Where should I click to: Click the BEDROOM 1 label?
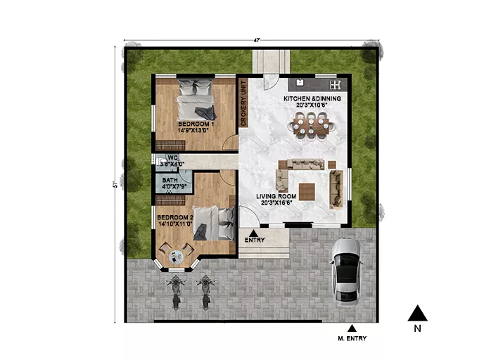click(x=196, y=124)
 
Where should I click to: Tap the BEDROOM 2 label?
click(x=175, y=217)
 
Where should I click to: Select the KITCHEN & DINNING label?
click(x=312, y=98)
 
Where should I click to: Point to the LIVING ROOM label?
click(x=276, y=196)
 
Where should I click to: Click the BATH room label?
click(x=170, y=180)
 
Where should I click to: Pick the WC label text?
click(x=172, y=157)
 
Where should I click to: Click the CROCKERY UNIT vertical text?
click(x=243, y=103)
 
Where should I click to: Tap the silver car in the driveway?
click(x=346, y=272)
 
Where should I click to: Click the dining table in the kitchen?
click(x=311, y=126)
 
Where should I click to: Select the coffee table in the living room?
click(x=307, y=192)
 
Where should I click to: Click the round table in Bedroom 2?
click(x=176, y=257)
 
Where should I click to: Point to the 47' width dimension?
click(x=257, y=40)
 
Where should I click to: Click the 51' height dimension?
click(x=115, y=185)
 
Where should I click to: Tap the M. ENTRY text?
click(x=352, y=338)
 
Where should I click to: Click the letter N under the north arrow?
click(x=417, y=328)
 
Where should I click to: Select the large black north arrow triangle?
click(x=417, y=313)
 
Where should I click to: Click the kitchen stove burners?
click(x=336, y=84)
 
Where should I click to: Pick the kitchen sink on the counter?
click(x=300, y=82)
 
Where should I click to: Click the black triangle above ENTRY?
click(x=253, y=233)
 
